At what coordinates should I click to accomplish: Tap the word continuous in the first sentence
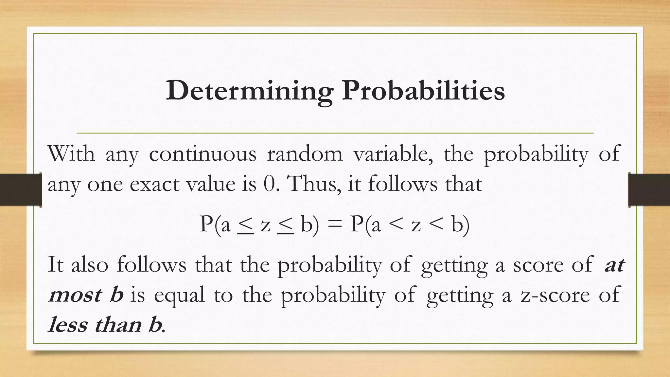click(x=203, y=153)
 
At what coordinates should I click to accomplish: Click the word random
click(x=305, y=153)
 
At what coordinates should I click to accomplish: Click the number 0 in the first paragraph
click(x=269, y=184)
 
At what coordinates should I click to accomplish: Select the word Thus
click(x=312, y=184)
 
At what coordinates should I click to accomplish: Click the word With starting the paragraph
click(x=71, y=153)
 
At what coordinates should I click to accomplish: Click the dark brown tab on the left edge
click(x=21, y=190)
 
